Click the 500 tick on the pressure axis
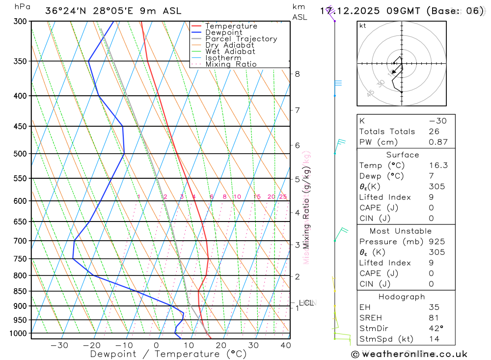coord(20,154)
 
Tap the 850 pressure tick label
coord(20,291)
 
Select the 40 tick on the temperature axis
coord(285,345)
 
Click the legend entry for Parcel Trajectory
coord(241,39)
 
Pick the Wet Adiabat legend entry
coord(230,52)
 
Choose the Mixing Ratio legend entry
coord(231,64)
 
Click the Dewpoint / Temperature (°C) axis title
coord(168,354)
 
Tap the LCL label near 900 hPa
coord(306,303)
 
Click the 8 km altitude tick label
coord(297,74)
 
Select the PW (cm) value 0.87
coord(438,142)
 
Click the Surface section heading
coord(403,155)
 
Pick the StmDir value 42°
coord(436,329)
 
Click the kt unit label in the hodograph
coord(363,26)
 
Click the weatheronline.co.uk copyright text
coord(409,354)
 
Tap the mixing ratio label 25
coord(283,197)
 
